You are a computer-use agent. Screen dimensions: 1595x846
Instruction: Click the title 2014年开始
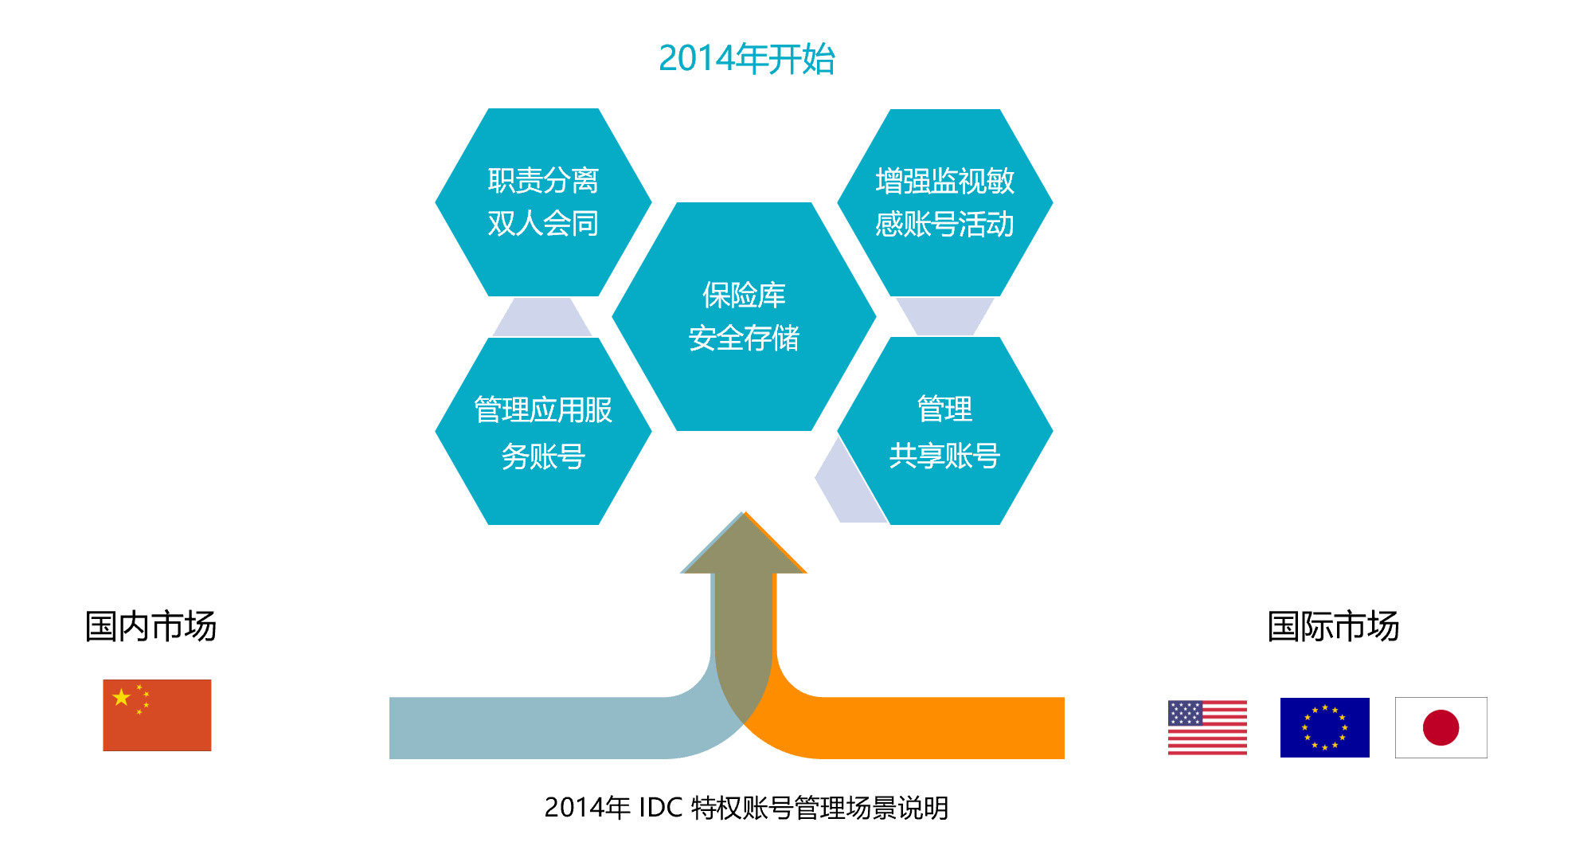click(746, 59)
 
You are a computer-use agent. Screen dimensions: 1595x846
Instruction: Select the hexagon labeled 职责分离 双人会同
click(543, 202)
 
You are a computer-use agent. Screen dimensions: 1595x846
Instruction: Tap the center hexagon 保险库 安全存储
click(744, 316)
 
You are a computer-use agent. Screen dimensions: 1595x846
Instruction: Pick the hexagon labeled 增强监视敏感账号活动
click(944, 202)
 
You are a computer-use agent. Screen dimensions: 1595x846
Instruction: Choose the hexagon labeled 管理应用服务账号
click(543, 431)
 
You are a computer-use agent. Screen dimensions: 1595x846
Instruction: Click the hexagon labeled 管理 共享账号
click(944, 431)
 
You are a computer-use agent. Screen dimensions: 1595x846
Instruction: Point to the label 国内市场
click(151, 626)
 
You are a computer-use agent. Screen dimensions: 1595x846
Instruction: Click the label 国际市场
click(1333, 626)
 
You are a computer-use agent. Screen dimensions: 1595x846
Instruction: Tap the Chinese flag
click(157, 715)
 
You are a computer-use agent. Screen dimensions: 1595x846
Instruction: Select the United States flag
click(1207, 727)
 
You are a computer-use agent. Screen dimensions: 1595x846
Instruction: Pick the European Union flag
click(1324, 727)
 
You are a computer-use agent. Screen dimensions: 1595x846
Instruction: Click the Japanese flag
click(1441, 727)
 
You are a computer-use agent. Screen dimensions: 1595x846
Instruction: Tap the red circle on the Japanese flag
click(1441, 727)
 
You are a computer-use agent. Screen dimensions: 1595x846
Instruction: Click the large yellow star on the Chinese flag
click(121, 698)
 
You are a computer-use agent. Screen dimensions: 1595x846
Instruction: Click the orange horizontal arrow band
click(916, 728)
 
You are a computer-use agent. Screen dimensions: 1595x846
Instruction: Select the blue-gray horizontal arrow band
click(541, 728)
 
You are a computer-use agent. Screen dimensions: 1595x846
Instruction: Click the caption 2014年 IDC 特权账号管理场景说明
click(746, 808)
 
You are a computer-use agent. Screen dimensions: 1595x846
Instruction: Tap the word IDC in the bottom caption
click(660, 808)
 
